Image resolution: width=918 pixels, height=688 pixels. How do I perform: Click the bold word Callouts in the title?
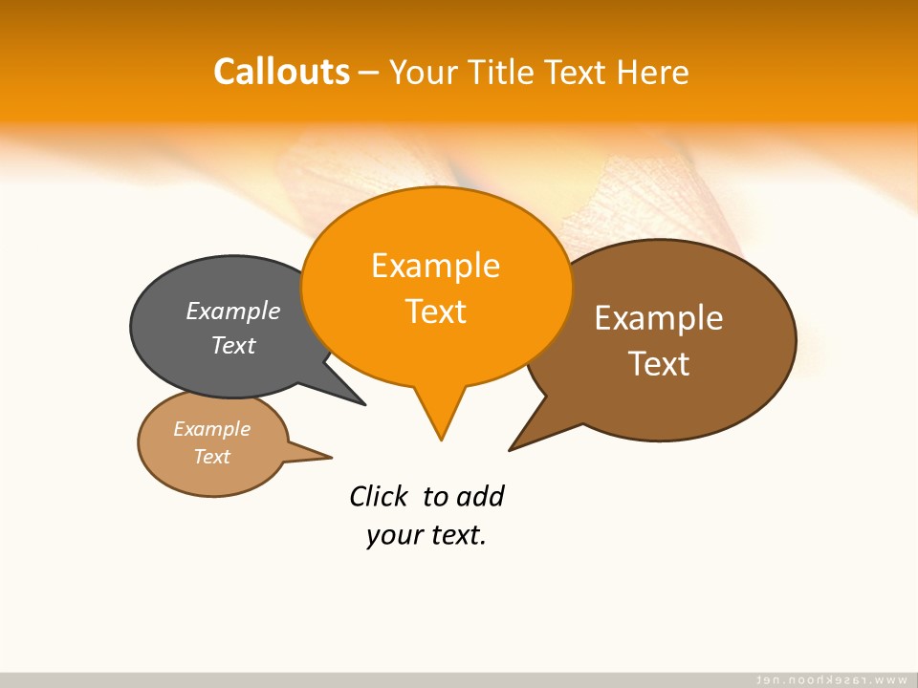pyautogui.click(x=282, y=72)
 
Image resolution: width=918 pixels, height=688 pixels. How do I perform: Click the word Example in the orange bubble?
pyautogui.click(x=435, y=266)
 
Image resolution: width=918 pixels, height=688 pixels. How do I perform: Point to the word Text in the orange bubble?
pyautogui.click(x=435, y=312)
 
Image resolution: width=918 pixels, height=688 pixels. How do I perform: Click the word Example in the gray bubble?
pyautogui.click(x=233, y=311)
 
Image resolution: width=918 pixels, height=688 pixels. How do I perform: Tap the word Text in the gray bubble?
pyautogui.click(x=233, y=345)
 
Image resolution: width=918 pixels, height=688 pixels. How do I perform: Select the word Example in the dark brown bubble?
pyautogui.click(x=659, y=318)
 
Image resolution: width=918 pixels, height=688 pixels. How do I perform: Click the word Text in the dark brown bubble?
pyautogui.click(x=659, y=364)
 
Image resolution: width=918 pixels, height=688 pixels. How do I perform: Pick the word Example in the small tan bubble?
pyautogui.click(x=211, y=429)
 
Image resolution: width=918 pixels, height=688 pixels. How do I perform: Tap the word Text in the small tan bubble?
pyautogui.click(x=211, y=457)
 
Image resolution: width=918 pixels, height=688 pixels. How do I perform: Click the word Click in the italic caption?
pyautogui.click(x=379, y=497)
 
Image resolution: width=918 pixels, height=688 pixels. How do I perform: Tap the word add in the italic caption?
pyautogui.click(x=480, y=497)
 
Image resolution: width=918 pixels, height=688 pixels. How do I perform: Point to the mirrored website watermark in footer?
pyautogui.click(x=831, y=679)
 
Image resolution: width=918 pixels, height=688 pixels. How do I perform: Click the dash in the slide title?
pyautogui.click(x=369, y=73)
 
